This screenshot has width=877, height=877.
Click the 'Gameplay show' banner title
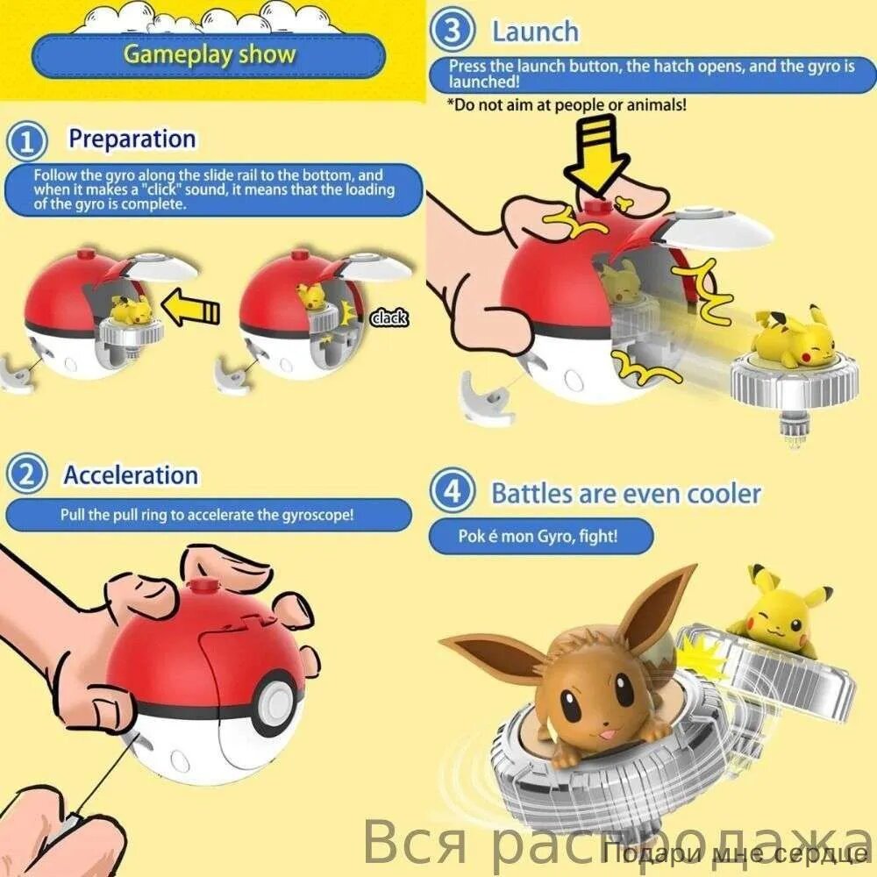point(210,54)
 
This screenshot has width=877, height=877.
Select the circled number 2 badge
point(26,474)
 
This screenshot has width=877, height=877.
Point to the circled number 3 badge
point(452,30)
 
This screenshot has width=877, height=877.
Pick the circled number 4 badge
point(453,490)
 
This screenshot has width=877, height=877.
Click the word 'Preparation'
point(132,139)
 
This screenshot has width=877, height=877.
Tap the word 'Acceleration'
point(131,474)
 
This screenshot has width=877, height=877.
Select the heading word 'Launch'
point(535,32)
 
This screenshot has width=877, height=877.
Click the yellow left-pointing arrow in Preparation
point(190,307)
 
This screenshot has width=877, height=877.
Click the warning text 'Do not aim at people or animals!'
point(567,105)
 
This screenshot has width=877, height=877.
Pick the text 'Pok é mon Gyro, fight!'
point(538,536)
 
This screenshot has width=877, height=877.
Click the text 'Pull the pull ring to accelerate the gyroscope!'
point(207,515)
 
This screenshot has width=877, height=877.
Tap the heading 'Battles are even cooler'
point(626,493)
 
